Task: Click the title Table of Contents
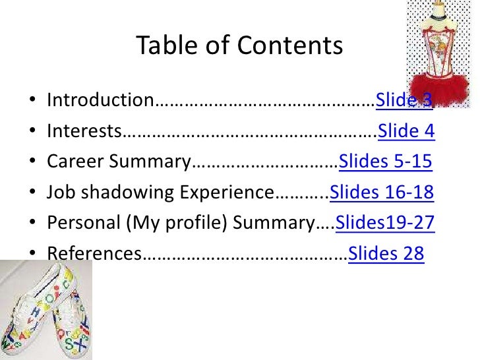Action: (x=239, y=45)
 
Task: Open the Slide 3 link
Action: (x=404, y=101)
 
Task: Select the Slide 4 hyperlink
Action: (x=406, y=131)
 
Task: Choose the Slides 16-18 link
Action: (x=381, y=193)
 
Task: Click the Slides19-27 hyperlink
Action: (x=385, y=223)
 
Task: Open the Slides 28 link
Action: (x=386, y=253)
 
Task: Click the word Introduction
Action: (x=100, y=101)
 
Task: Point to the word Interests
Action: (x=84, y=131)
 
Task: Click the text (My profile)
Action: (x=174, y=223)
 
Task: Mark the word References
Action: (x=94, y=253)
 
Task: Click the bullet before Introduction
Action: (x=32, y=102)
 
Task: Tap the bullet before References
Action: (x=32, y=254)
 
